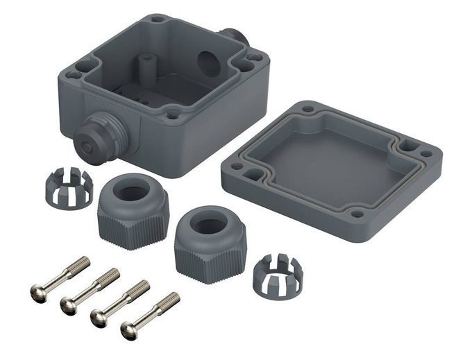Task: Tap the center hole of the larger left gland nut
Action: (130, 194)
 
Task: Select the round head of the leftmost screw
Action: (40, 293)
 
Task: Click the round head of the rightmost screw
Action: (129, 331)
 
